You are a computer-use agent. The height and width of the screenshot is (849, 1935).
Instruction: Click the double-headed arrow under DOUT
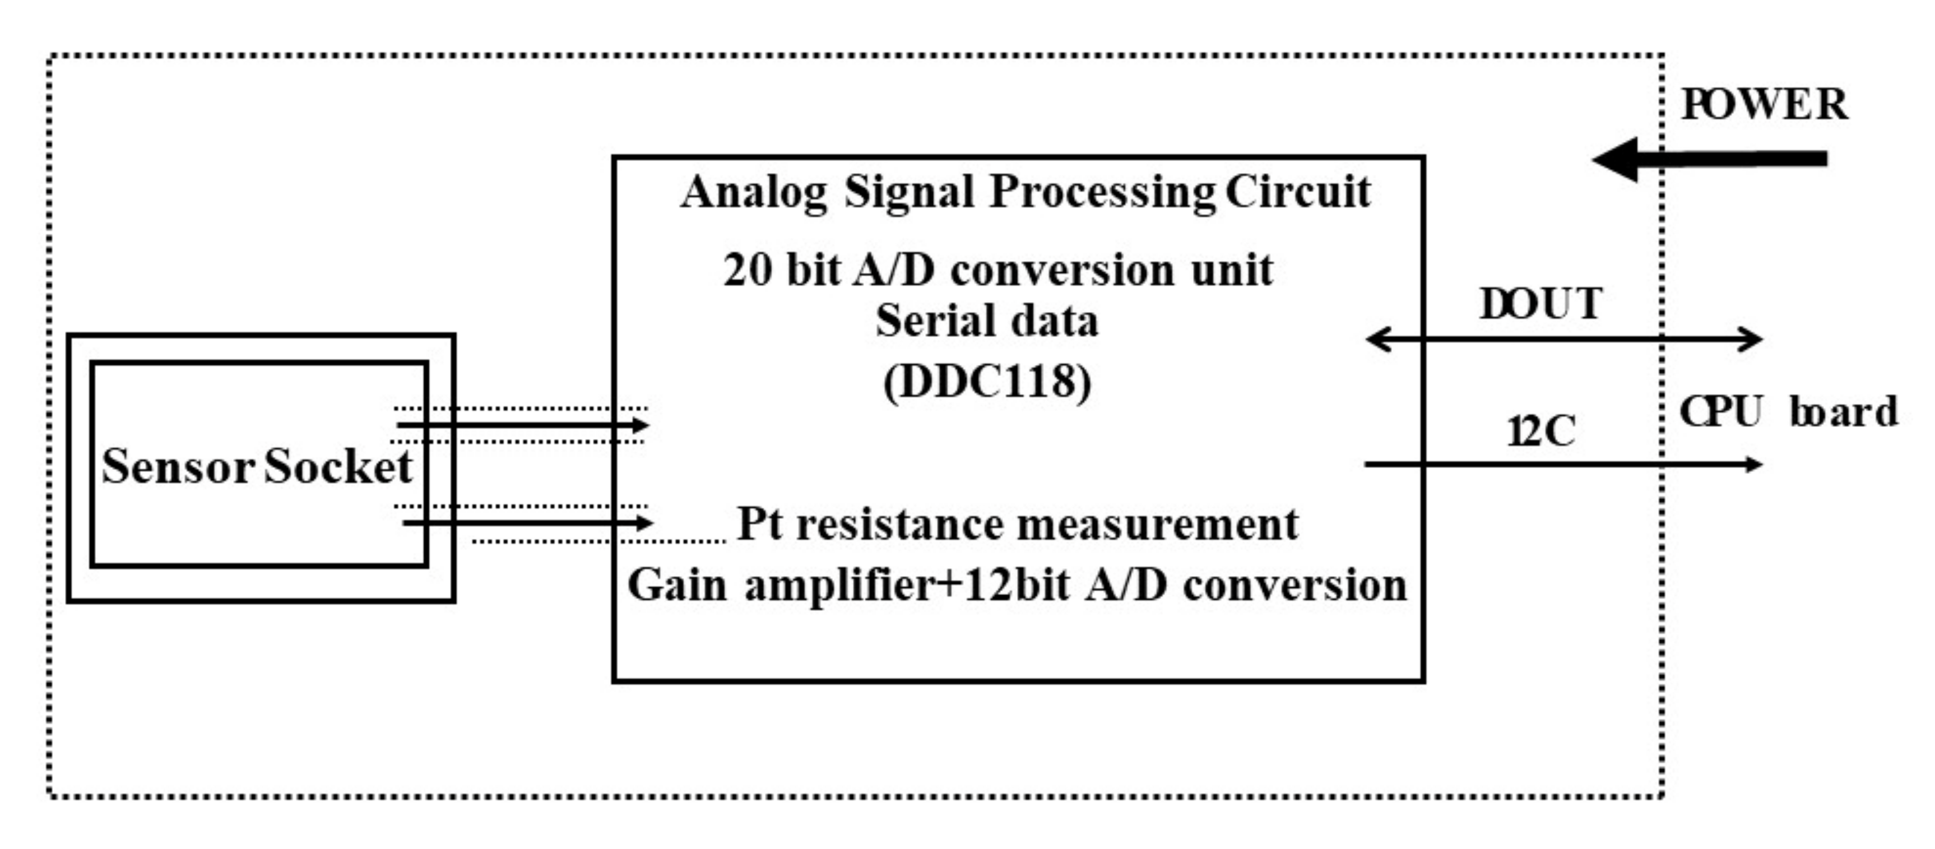point(1563,340)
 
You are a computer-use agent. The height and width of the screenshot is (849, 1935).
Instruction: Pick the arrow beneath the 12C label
point(1563,465)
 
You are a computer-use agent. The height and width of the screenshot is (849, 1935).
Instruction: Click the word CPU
point(1721,412)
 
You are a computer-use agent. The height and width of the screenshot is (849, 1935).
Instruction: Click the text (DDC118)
point(987,382)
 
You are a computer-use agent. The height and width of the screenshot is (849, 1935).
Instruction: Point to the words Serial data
point(987,321)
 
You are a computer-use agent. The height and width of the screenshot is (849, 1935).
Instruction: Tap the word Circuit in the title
point(1298,192)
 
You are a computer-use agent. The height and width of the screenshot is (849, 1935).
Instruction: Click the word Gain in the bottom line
point(677,585)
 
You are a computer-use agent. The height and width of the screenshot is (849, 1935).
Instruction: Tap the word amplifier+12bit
point(907,585)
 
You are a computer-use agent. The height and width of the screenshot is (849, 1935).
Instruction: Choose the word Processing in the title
point(1102,192)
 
